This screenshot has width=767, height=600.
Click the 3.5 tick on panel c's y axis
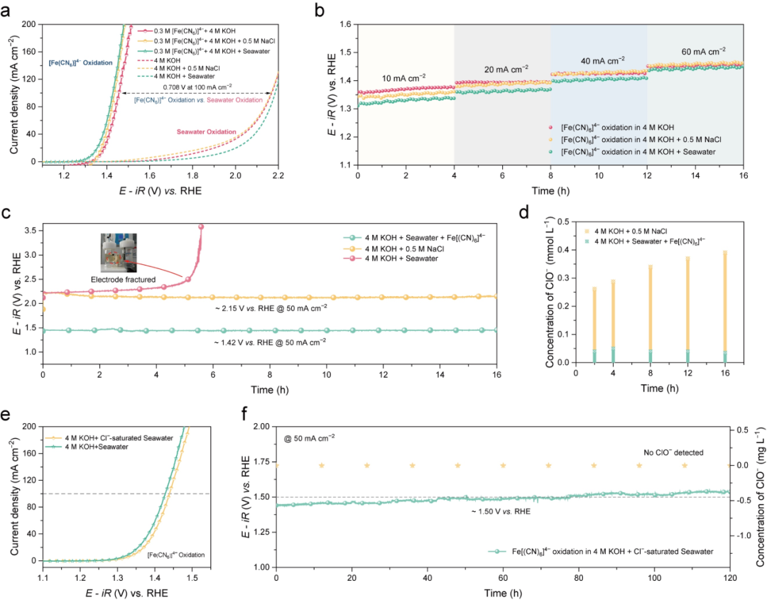coord(31,231)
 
